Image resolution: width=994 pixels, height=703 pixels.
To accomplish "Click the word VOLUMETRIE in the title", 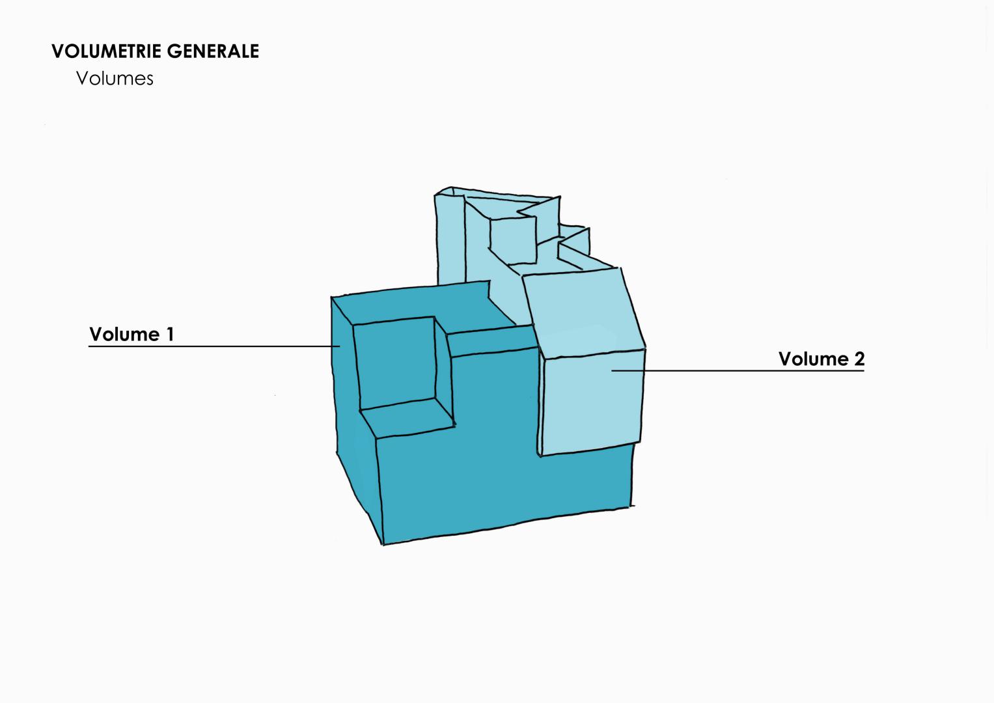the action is point(107,51).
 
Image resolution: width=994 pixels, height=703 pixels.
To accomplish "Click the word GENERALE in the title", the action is point(213,51).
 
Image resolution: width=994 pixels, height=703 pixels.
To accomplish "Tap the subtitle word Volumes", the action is point(115,79).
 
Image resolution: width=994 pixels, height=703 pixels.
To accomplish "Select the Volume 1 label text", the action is point(131,334).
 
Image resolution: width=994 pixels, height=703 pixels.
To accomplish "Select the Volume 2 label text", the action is point(821,359).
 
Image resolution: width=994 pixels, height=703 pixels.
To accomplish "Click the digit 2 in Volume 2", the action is point(859,359).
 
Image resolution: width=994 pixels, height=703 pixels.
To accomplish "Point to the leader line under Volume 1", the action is point(214,346).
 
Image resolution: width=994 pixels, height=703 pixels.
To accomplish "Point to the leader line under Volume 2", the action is point(738,370).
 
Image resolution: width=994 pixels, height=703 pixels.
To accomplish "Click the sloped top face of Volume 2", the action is point(583,313).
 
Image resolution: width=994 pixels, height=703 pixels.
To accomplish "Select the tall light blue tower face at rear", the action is point(450,240).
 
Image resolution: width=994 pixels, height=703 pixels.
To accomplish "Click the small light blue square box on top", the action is point(513,240).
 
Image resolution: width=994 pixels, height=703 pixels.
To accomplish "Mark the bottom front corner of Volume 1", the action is point(383,544).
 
